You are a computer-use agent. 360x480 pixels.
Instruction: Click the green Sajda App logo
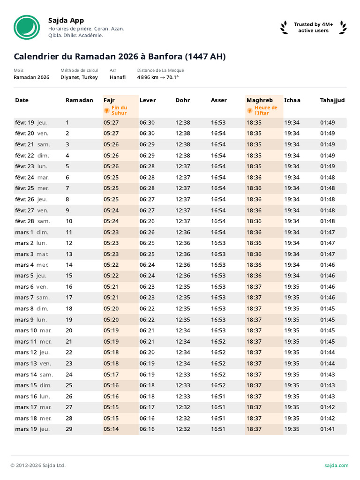[27, 27]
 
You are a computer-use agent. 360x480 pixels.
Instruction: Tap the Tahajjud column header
[332, 100]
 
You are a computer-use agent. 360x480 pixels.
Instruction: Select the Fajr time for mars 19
[111, 429]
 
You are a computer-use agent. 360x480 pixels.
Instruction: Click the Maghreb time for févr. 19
[254, 123]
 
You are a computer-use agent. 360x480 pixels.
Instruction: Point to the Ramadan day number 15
[69, 276]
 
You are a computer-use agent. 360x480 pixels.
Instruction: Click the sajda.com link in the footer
[336, 465]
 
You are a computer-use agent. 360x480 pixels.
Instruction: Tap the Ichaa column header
[292, 100]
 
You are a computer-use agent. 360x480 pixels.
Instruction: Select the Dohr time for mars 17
[183, 407]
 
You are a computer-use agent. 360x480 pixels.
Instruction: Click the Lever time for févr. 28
[147, 221]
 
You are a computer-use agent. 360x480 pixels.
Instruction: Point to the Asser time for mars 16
[218, 396]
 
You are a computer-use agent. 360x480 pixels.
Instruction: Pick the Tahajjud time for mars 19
[327, 429]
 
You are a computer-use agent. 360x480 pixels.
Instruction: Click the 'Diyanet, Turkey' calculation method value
[79, 77]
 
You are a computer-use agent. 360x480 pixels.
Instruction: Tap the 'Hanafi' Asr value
[118, 77]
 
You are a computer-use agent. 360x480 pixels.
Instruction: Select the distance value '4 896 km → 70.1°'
[158, 77]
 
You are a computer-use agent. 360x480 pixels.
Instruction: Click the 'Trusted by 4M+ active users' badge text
[314, 28]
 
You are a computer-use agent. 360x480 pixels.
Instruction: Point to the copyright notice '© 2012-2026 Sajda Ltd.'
[38, 465]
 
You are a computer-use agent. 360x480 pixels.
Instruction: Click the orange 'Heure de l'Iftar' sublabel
[266, 110]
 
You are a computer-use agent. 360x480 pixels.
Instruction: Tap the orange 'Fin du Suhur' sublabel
[119, 110]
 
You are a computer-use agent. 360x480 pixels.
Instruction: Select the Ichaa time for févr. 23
[292, 166]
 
